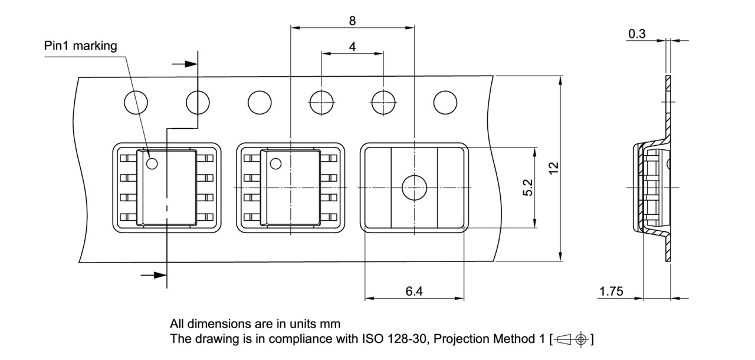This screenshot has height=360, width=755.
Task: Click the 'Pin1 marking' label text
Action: (x=81, y=46)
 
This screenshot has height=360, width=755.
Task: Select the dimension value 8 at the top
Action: (x=352, y=21)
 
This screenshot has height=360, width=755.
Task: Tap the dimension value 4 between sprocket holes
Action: (x=352, y=46)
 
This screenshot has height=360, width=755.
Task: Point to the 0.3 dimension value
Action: (x=637, y=34)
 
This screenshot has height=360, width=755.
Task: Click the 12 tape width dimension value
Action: (x=553, y=168)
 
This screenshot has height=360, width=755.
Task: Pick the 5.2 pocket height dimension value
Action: (x=528, y=187)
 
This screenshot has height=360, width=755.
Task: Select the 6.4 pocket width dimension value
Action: (x=413, y=292)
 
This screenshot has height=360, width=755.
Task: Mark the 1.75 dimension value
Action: (x=612, y=292)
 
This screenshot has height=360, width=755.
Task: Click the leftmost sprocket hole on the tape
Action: (x=136, y=103)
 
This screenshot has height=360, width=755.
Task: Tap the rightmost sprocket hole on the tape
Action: (x=445, y=103)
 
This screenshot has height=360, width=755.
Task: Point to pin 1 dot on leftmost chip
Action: (x=152, y=163)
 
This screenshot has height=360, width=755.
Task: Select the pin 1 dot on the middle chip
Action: (x=275, y=163)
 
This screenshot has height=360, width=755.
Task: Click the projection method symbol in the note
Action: (x=572, y=339)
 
